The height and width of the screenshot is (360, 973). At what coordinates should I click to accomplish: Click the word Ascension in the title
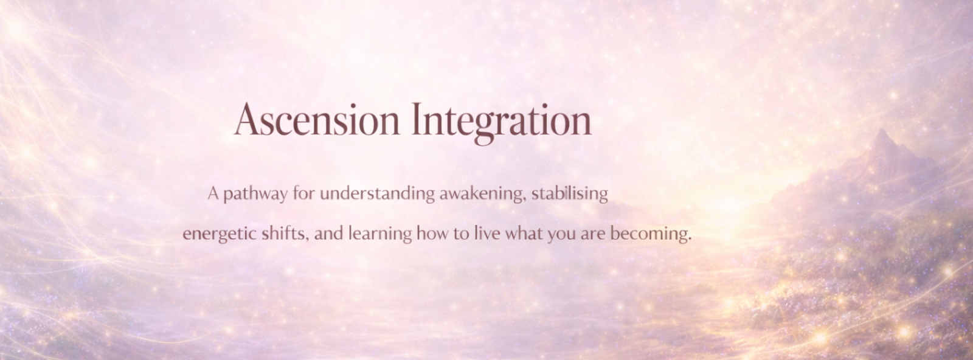(x=317, y=120)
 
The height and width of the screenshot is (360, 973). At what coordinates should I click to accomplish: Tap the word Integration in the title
(x=501, y=123)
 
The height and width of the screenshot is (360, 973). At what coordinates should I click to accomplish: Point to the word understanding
(x=377, y=193)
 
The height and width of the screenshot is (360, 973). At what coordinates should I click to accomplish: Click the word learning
(x=380, y=234)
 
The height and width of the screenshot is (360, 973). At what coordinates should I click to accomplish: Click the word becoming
(x=651, y=234)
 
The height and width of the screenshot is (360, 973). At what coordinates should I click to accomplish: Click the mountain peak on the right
(x=882, y=130)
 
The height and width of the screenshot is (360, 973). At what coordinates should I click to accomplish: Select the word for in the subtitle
(x=303, y=193)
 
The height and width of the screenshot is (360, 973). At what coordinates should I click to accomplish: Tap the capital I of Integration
(x=417, y=119)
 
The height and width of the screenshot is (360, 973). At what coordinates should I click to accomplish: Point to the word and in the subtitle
(x=329, y=234)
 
